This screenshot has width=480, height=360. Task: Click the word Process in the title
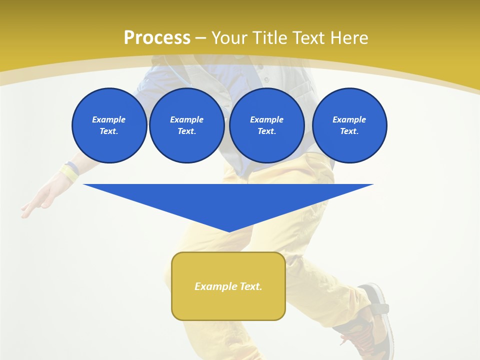(157, 38)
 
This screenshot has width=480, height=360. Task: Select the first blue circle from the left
(109, 125)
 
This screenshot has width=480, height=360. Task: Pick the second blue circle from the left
(187, 125)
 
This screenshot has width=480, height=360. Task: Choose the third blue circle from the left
(267, 125)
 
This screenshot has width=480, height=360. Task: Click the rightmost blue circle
(349, 125)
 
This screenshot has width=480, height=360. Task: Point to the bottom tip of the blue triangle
(229, 231)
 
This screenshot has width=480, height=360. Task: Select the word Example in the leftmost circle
(109, 119)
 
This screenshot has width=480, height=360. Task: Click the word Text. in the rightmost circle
(349, 131)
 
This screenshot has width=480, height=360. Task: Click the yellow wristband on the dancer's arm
(69, 172)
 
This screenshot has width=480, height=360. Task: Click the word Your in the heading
(228, 38)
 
